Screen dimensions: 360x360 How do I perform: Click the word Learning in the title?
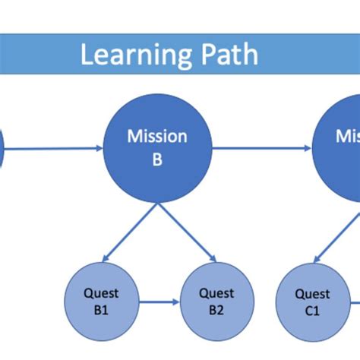coord(126,55)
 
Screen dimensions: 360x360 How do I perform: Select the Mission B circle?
coord(157,149)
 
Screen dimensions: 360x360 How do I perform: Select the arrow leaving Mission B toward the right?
coord(262,149)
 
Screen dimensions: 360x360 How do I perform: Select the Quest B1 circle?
coord(101,302)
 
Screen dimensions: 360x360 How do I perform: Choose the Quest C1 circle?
coord(312,302)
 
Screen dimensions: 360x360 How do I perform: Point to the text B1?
coord(101,310)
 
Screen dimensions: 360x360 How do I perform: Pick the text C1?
coord(312,311)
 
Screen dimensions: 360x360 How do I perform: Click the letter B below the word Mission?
coord(157,159)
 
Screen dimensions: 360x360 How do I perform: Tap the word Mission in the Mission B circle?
coord(157,137)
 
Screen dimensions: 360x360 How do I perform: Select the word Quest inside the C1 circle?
coord(312,294)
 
